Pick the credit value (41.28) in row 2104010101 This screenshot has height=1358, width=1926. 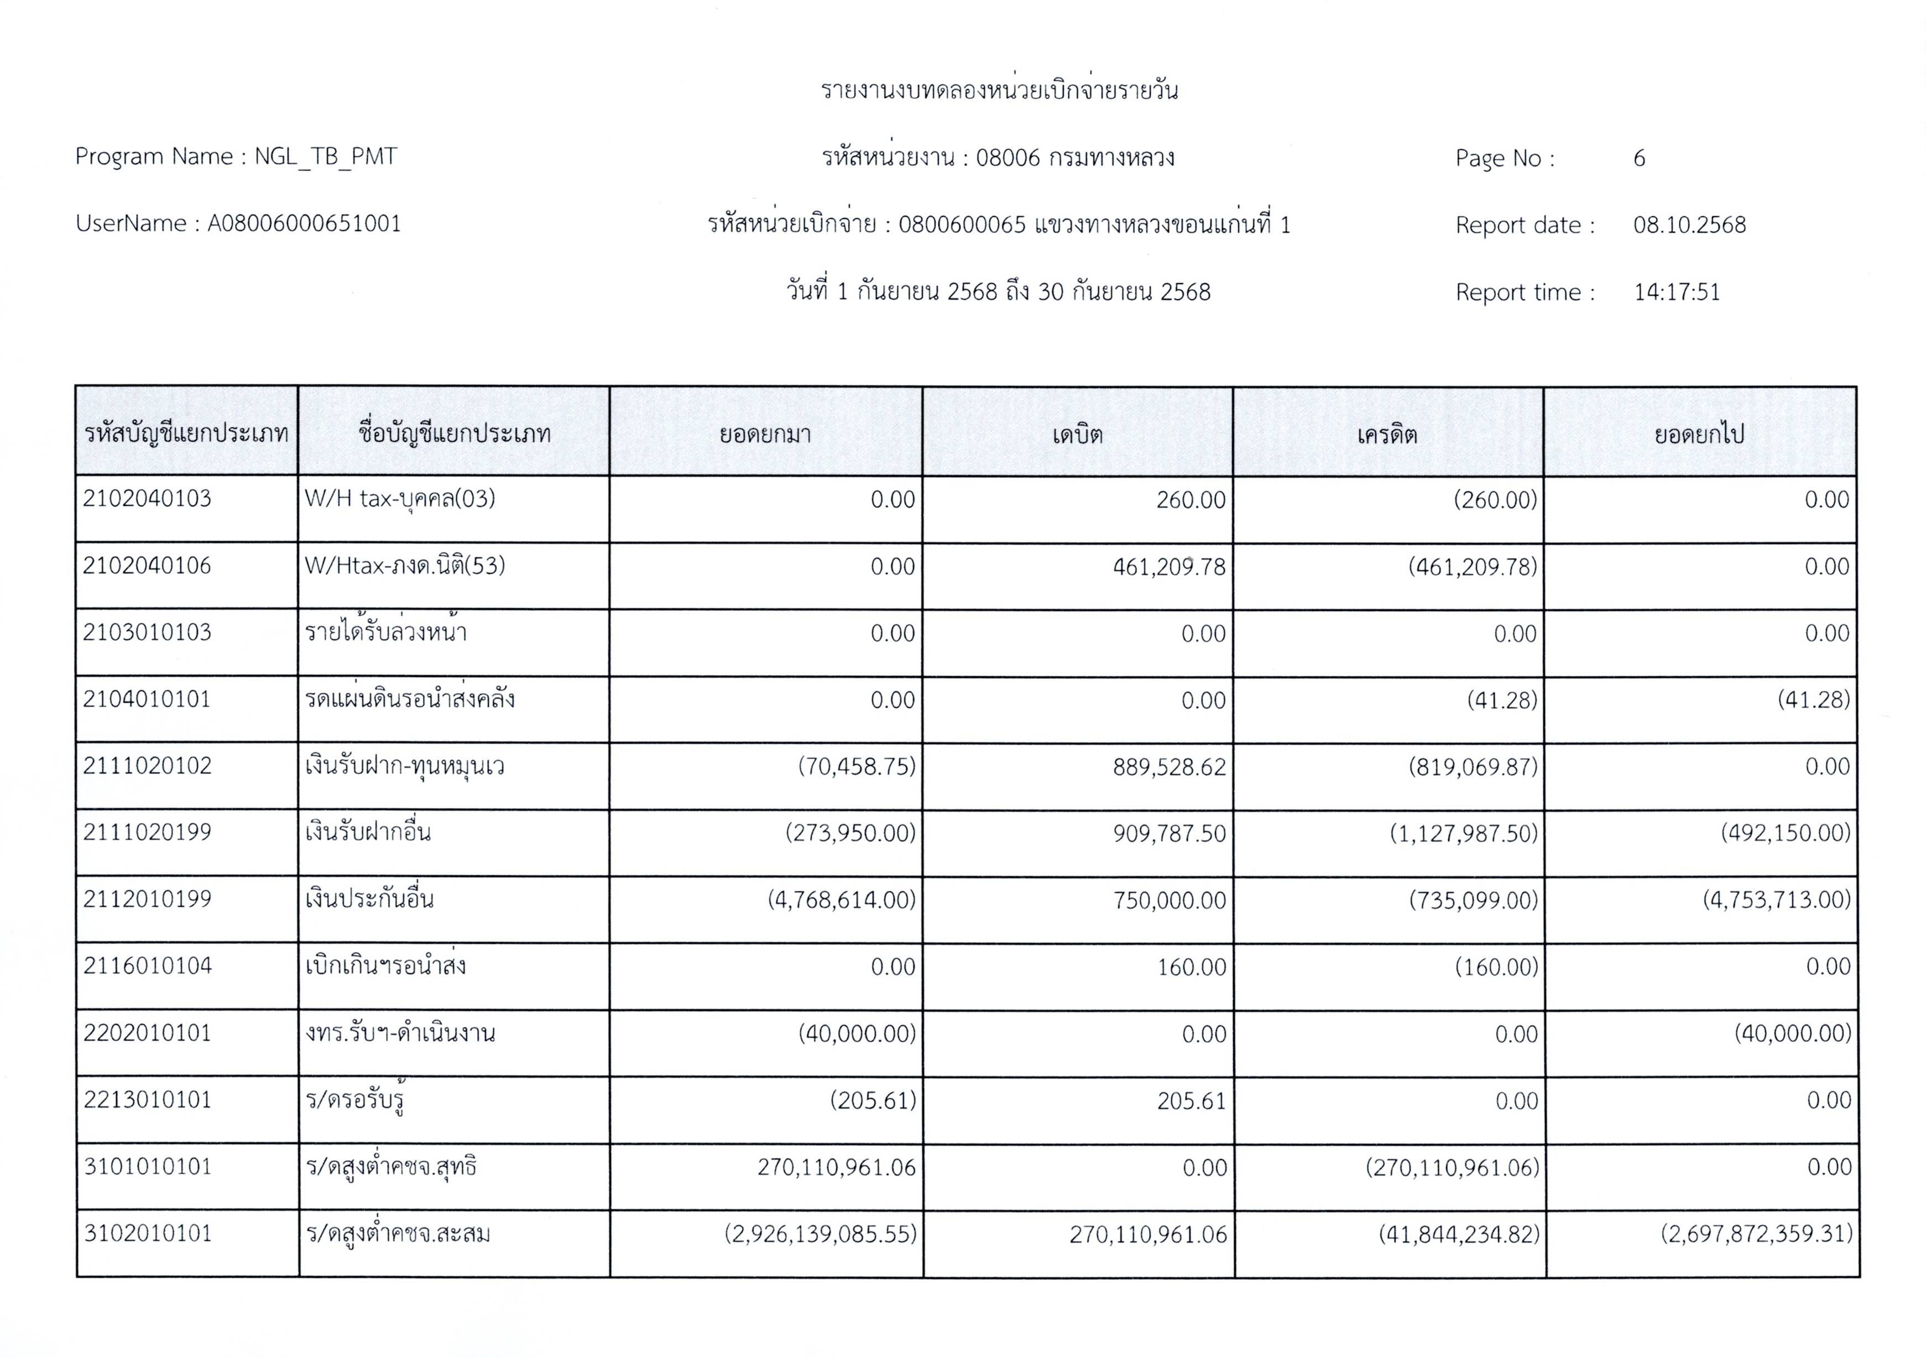point(1501,701)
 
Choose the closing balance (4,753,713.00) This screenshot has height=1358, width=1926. point(1776,900)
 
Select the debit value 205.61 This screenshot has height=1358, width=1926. point(1191,1100)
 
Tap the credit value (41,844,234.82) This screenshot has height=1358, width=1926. point(1459,1234)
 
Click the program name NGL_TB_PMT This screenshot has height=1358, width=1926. point(326,157)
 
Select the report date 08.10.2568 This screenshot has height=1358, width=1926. point(1689,225)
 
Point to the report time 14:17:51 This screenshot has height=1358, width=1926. point(1676,292)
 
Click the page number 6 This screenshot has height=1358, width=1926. point(1638,158)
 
